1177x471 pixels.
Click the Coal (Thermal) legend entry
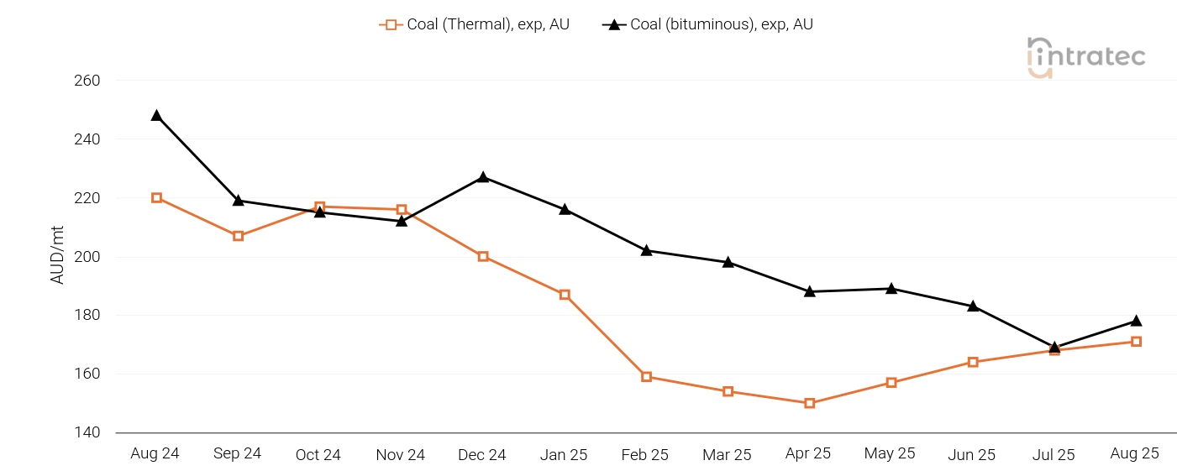click(x=475, y=24)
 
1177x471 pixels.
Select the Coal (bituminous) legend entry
click(x=707, y=24)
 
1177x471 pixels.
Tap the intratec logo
click(x=1086, y=57)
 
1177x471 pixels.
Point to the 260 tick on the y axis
click(x=87, y=81)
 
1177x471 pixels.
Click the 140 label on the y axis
click(x=87, y=432)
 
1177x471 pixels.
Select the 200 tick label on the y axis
click(x=87, y=257)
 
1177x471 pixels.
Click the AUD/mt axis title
click(x=57, y=257)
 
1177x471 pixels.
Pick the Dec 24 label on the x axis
click(x=482, y=455)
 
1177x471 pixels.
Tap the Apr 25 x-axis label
click(x=808, y=453)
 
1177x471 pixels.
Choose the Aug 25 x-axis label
click(x=1134, y=453)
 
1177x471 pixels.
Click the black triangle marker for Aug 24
click(x=156, y=115)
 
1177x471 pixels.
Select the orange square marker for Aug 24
click(x=156, y=198)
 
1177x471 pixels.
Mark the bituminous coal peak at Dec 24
click(x=483, y=177)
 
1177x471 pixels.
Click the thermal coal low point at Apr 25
click(x=809, y=403)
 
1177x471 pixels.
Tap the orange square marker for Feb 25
click(x=646, y=377)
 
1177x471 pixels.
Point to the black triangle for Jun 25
click(x=973, y=306)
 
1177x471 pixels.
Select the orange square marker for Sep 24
click(x=238, y=236)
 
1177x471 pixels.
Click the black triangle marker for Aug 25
click(x=1136, y=321)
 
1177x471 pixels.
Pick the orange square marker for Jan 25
click(x=565, y=295)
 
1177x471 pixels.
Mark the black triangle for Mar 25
click(x=728, y=262)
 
